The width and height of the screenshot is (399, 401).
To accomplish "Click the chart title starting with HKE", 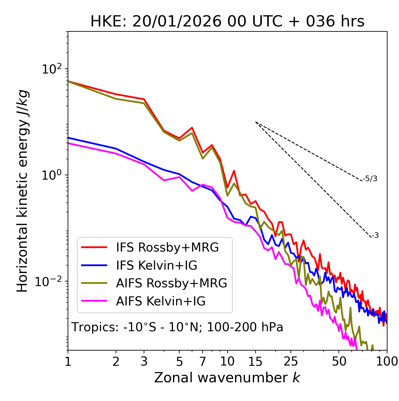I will (227, 22).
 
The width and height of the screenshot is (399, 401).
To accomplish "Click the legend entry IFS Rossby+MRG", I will (167, 248).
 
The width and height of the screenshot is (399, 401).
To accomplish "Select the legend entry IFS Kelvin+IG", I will (156, 266).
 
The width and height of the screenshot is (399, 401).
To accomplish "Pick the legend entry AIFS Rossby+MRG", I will (171, 283).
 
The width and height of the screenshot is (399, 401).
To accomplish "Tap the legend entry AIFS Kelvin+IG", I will (161, 301).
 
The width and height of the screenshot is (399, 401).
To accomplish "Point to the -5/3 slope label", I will (370, 179).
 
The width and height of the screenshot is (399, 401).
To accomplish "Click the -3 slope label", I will (375, 235).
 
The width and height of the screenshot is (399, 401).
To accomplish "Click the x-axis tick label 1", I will (68, 361).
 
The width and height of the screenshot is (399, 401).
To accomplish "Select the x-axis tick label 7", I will (203, 361).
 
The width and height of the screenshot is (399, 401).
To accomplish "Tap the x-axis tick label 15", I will (256, 361).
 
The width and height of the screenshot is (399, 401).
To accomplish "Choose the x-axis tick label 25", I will (291, 361).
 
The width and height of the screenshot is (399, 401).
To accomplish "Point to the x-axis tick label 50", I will (339, 361).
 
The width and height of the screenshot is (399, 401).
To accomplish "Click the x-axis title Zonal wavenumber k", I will (227, 378).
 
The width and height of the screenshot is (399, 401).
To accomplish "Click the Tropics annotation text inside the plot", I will (177, 327).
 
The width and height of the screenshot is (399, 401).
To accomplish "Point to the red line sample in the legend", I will (94, 248).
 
